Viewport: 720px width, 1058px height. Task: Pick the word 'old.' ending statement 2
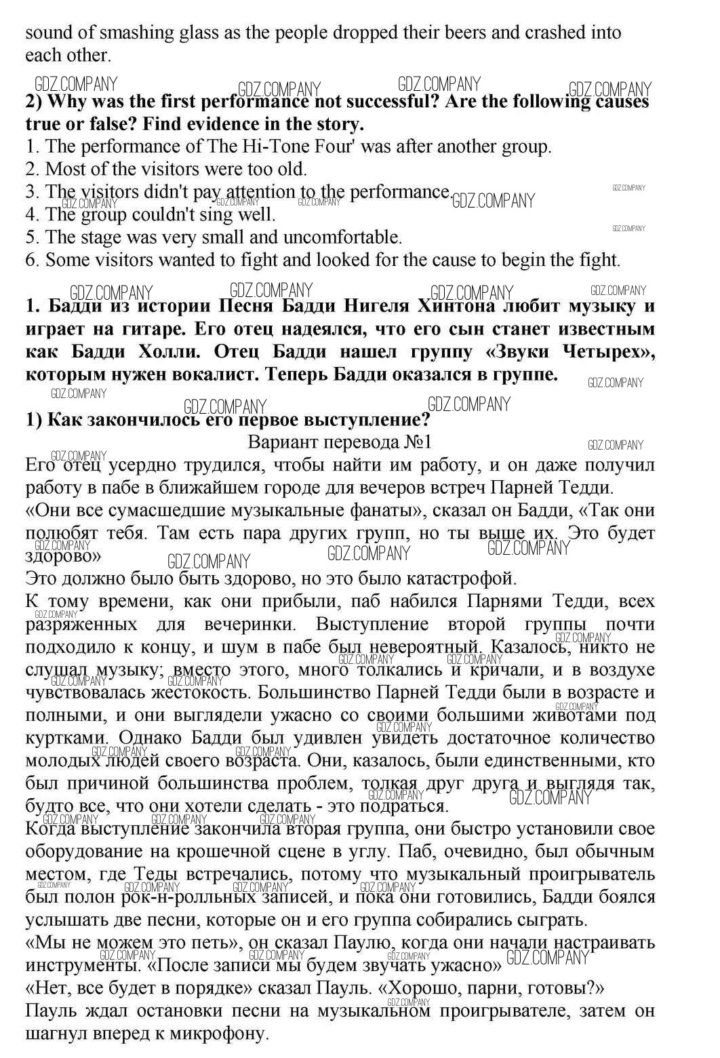292,169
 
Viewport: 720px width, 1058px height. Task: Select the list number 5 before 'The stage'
31,237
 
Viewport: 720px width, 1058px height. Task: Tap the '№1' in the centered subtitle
416,442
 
